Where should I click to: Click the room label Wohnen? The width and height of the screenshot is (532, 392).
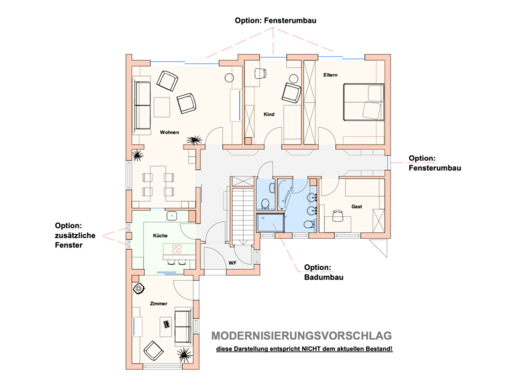pos(169,132)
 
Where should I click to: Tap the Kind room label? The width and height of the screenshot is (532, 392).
pos(269,114)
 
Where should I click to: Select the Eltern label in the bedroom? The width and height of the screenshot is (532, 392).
pos(330,75)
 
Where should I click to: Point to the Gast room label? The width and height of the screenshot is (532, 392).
pos(356,206)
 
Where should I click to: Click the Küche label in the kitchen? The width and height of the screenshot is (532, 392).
pos(160,235)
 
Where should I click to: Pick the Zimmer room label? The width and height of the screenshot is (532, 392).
pos(158,304)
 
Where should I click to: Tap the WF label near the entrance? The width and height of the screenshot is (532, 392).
pos(232,263)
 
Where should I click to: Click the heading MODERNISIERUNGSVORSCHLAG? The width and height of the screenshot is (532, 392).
pos(301,336)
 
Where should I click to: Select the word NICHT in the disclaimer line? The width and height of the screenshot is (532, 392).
pos(312,349)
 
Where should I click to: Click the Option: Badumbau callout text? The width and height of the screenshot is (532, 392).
pos(324,272)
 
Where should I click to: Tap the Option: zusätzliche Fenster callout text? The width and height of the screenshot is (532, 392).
pos(75,235)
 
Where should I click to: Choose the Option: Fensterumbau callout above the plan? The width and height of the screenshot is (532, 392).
pos(275,20)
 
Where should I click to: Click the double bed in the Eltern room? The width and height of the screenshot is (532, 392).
pos(364,102)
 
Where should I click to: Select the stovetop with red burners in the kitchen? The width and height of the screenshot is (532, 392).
pos(177,249)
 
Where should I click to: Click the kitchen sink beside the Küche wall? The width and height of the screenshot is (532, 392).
pos(172,216)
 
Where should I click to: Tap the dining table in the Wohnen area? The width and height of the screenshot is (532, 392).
pos(158,182)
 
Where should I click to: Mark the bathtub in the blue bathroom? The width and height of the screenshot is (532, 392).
pos(283,196)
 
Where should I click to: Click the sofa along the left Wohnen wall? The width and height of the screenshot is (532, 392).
pos(142,105)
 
